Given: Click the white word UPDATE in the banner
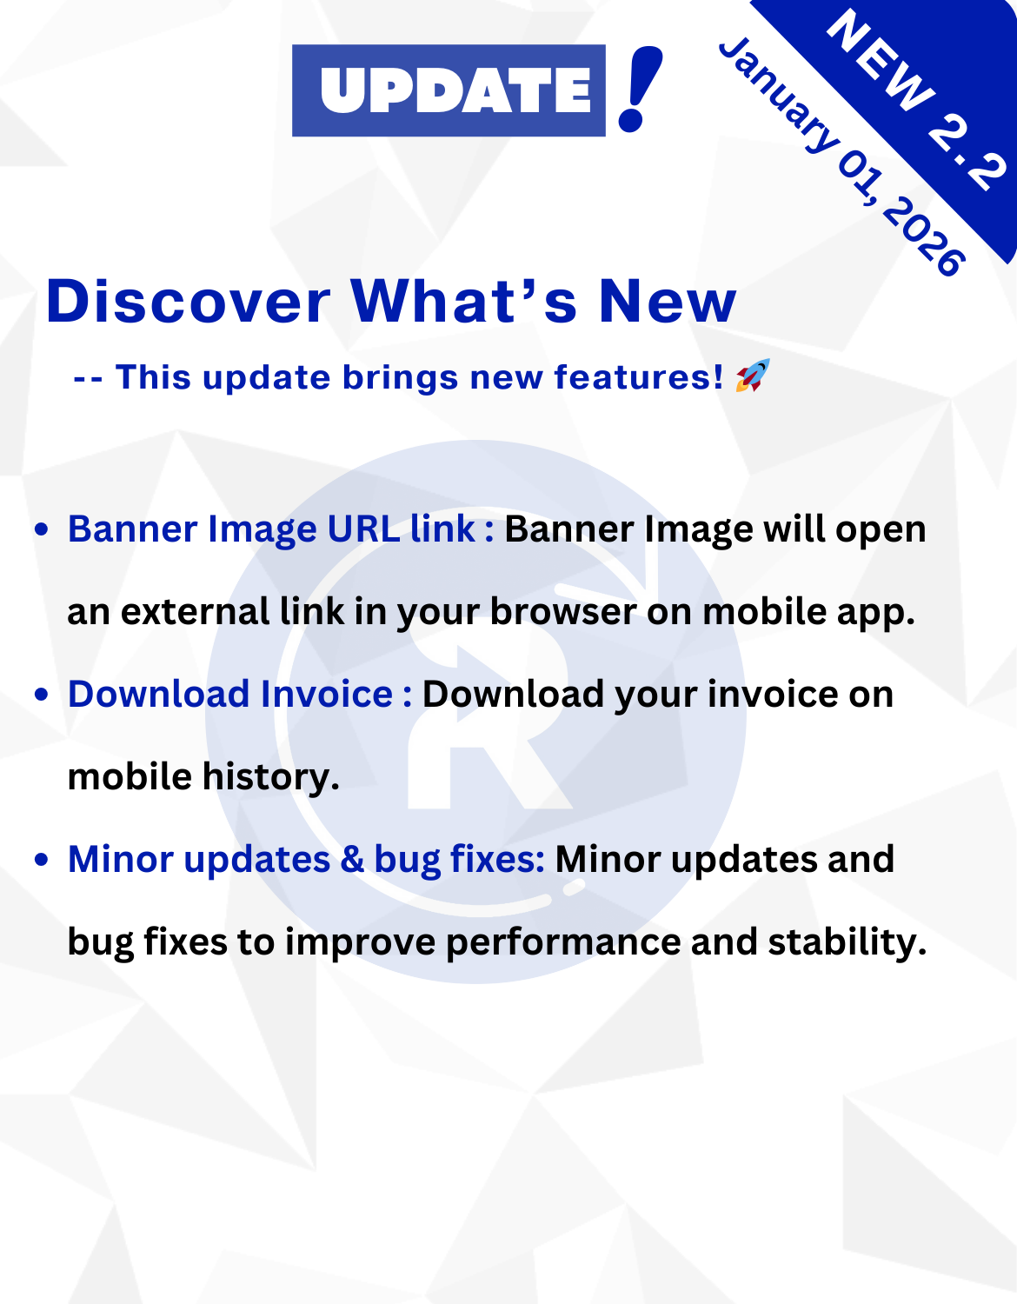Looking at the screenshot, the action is (x=456, y=90).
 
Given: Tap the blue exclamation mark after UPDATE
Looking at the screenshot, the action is (x=640, y=89).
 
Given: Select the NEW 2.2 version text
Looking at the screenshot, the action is (x=915, y=100).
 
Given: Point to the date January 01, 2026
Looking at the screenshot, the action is (x=841, y=156).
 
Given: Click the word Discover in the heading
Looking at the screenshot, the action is (x=188, y=301).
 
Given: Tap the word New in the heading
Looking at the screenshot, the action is (x=668, y=301).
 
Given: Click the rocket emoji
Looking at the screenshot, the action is (x=753, y=376).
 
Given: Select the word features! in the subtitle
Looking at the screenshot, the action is (x=639, y=377).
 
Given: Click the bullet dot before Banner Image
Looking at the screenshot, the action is (x=42, y=529).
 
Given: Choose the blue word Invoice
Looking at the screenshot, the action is (x=327, y=694).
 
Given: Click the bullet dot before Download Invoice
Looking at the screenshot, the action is (x=42, y=695).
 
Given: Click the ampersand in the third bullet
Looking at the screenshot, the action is (x=352, y=859).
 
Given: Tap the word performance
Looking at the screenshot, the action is (x=563, y=941).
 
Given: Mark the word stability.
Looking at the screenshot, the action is (x=847, y=941).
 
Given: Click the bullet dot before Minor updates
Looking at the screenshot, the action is (x=42, y=859).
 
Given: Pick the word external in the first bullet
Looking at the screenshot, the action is (x=196, y=611).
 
